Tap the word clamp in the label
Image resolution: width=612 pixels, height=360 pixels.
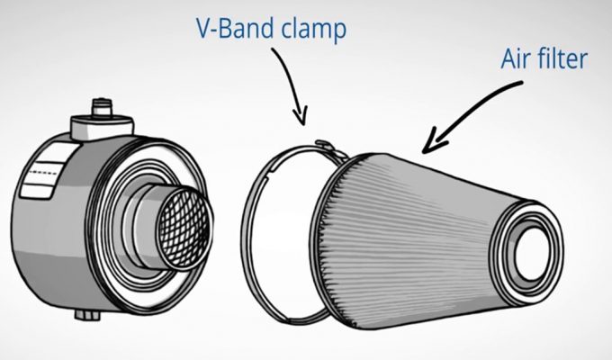[314, 31]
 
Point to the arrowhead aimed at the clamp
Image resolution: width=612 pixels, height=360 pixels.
[301, 117]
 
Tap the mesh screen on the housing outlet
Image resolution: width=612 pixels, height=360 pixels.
[184, 227]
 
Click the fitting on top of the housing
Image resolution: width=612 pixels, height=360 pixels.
[102, 107]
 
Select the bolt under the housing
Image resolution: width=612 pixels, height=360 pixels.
[88, 314]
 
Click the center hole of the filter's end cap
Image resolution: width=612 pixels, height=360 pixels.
[533, 253]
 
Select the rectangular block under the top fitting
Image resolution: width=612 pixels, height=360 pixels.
[103, 127]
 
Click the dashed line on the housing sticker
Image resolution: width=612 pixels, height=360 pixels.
[45, 173]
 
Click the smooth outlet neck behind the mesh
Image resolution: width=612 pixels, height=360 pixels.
[148, 229]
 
